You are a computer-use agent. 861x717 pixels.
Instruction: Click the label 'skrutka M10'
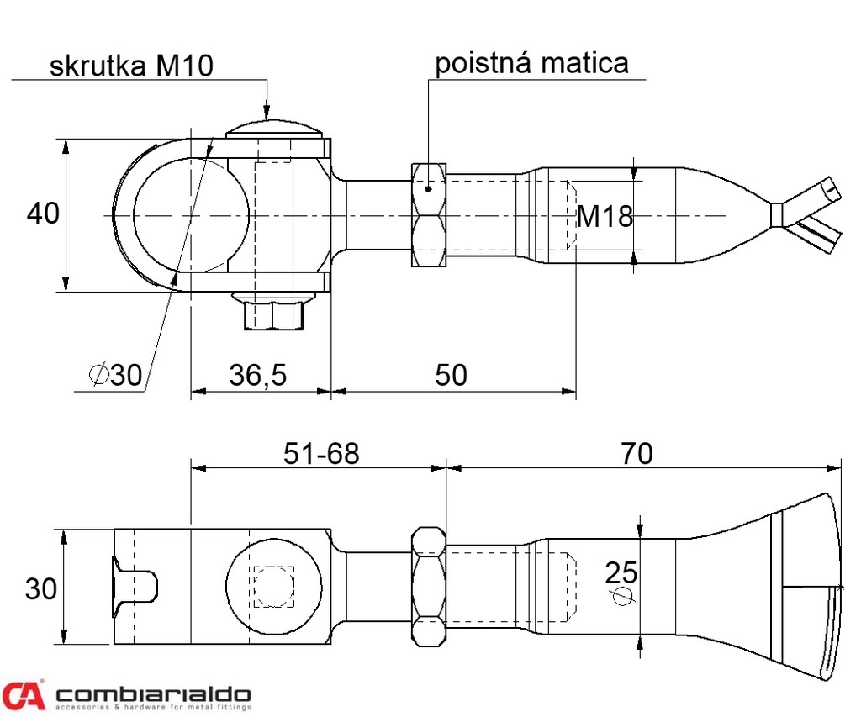[131, 66]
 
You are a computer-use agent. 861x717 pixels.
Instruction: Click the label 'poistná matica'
[531, 62]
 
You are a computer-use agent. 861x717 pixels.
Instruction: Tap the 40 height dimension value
[43, 214]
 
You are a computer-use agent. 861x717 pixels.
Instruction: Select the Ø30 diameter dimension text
[115, 375]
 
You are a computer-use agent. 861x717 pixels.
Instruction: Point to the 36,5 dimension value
[258, 375]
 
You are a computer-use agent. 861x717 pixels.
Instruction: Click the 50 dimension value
[452, 375]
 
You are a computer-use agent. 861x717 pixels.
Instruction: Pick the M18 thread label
[604, 217]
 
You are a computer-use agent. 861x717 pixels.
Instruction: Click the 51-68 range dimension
[320, 453]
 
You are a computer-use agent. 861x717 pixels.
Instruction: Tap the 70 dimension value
[637, 453]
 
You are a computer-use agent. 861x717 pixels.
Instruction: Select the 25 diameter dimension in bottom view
[621, 573]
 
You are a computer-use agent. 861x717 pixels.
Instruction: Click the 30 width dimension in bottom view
[41, 588]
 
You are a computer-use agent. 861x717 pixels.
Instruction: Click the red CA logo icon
[23, 696]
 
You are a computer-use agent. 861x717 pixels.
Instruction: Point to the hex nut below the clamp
[272, 312]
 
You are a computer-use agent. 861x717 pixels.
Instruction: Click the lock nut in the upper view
[428, 215]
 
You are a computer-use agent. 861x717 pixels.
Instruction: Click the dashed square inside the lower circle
[273, 586]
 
